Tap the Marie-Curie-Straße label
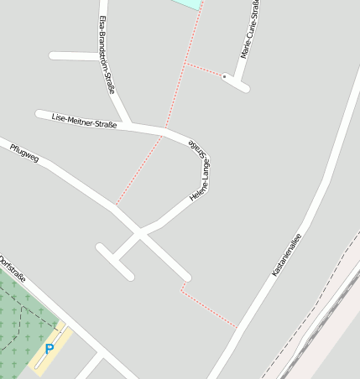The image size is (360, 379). [249, 29]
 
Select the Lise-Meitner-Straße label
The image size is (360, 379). [84, 121]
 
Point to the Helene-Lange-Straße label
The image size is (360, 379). [199, 171]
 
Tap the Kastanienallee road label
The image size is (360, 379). [286, 255]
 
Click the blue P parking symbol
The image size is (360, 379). [50, 349]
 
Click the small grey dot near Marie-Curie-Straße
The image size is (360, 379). [224, 76]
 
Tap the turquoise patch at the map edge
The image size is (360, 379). [189, 3]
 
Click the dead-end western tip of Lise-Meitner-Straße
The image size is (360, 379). [39, 113]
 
